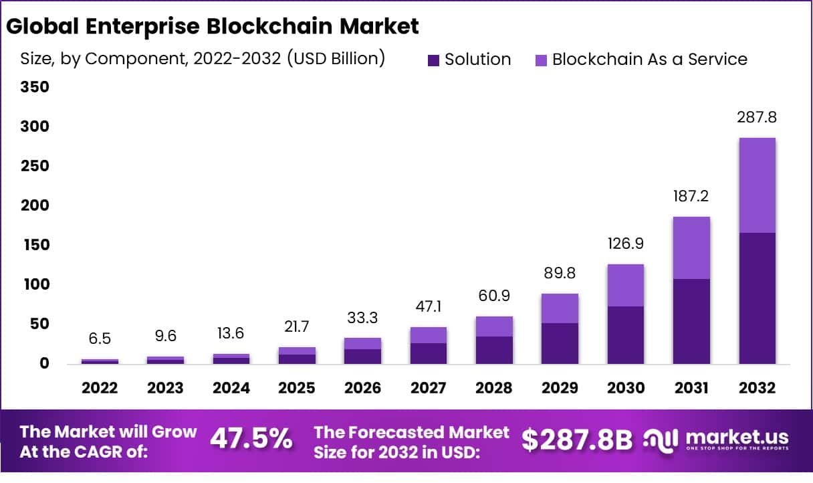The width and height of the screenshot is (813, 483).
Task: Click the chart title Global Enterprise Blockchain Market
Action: tap(213, 26)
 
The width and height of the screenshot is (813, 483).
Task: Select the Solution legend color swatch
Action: tap(434, 60)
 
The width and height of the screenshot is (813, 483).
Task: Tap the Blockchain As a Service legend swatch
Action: tap(541, 60)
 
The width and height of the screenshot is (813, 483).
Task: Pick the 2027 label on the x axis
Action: tap(429, 388)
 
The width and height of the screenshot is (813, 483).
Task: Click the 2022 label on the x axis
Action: tap(100, 388)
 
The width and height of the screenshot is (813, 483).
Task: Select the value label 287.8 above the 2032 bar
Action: tap(757, 118)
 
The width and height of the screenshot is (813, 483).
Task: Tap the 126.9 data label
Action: tap(626, 243)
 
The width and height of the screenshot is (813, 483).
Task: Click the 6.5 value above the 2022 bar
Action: tap(100, 339)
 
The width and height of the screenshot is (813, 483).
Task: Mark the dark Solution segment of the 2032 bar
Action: tap(757, 298)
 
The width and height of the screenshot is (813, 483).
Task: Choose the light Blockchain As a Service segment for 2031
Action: tap(691, 248)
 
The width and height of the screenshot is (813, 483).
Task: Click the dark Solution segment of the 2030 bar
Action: tap(626, 334)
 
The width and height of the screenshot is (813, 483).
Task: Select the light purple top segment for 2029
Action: tap(560, 308)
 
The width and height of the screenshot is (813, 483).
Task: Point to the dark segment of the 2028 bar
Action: tap(494, 350)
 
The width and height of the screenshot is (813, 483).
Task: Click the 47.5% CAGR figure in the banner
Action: tap(251, 440)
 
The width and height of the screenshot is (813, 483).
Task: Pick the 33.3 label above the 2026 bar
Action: tap(363, 318)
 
